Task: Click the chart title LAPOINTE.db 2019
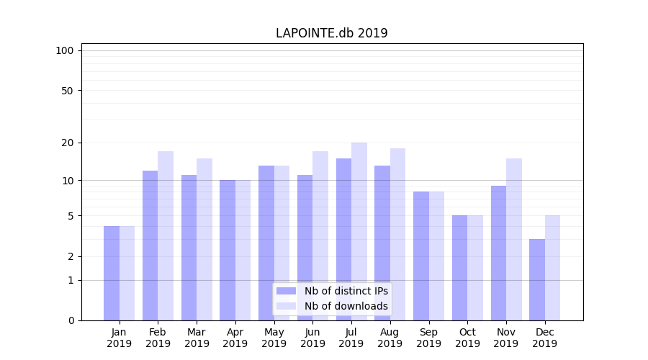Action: pyautogui.click(x=331, y=33)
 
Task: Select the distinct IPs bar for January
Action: pyautogui.click(x=112, y=274)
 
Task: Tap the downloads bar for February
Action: pyautogui.click(x=166, y=235)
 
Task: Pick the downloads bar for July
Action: pyautogui.click(x=359, y=231)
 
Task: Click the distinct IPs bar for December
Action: pyautogui.click(x=537, y=279)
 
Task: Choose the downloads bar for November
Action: pyautogui.click(x=514, y=239)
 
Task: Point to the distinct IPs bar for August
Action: pyautogui.click(x=382, y=243)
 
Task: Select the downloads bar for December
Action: pyautogui.click(x=553, y=268)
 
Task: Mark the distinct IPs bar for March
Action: pyautogui.click(x=189, y=248)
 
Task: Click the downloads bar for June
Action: pyautogui.click(x=320, y=235)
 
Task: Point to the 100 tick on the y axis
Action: pyautogui.click(x=65, y=50)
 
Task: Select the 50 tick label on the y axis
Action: pyautogui.click(x=67, y=91)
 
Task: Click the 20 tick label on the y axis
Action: pyautogui.click(x=67, y=143)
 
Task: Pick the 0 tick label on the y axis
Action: pyautogui.click(x=71, y=320)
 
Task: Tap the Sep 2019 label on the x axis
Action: pyautogui.click(x=428, y=338)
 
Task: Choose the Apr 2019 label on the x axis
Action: pyautogui.click(x=235, y=338)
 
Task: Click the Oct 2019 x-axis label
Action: pyautogui.click(x=467, y=338)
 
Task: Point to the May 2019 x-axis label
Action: pyautogui.click(x=274, y=338)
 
